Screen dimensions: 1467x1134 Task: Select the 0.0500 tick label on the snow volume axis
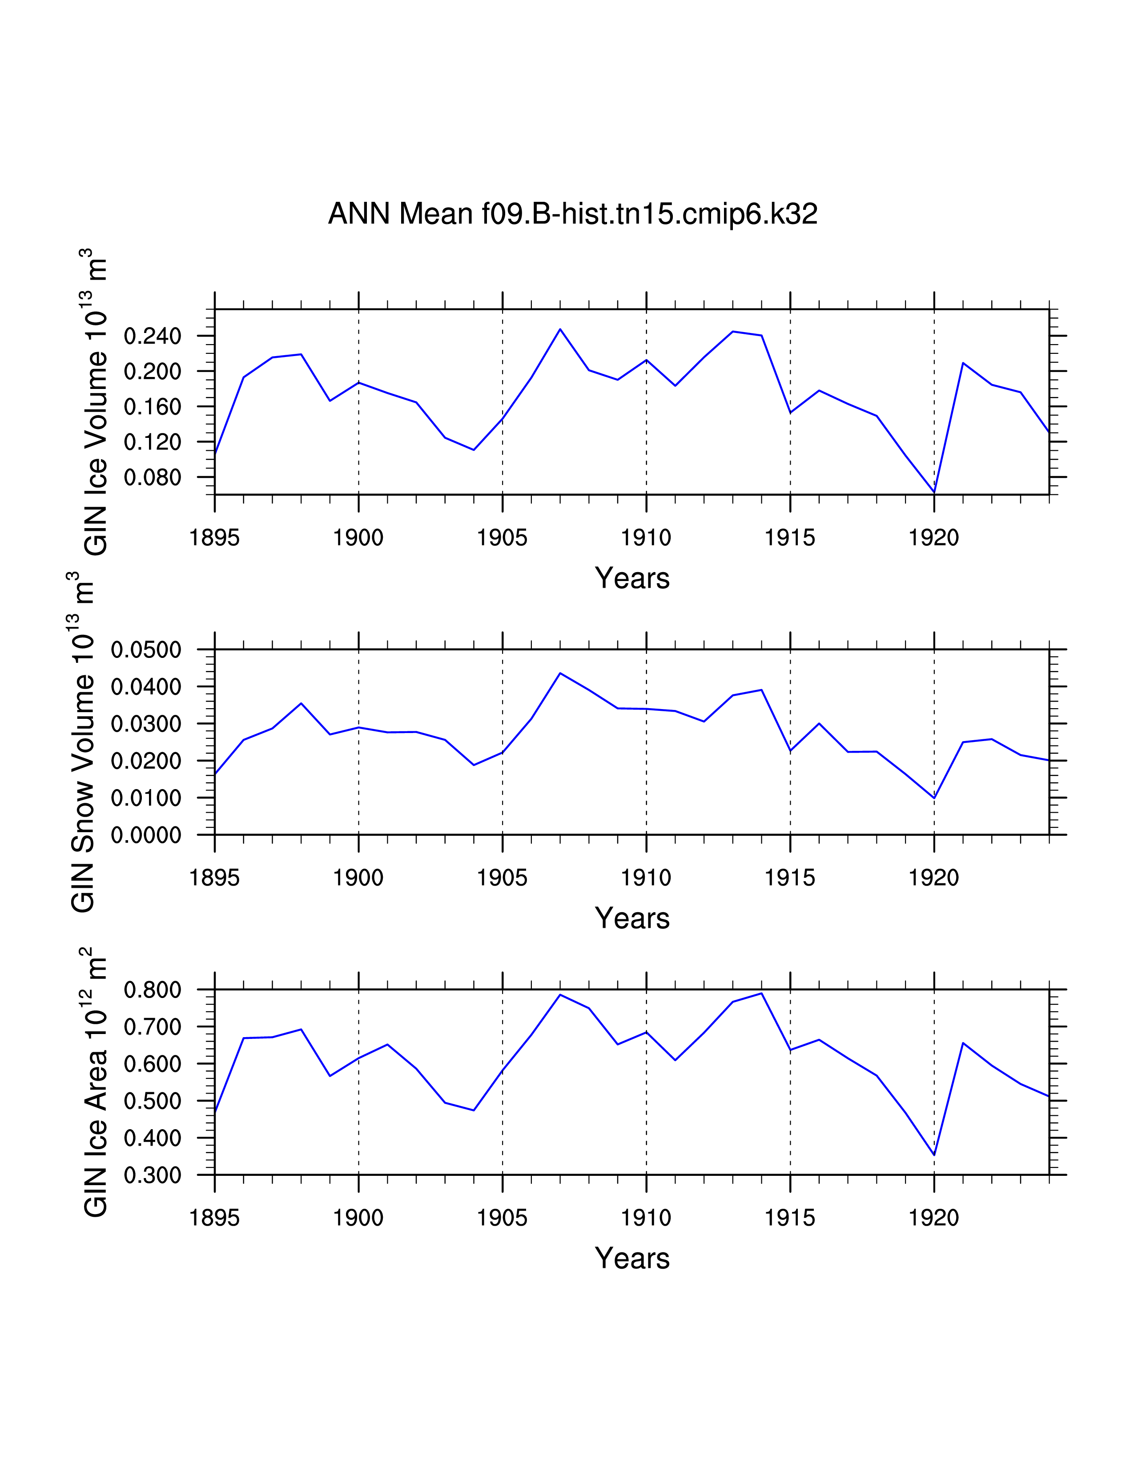[146, 650]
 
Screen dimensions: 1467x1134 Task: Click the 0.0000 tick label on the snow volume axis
[146, 836]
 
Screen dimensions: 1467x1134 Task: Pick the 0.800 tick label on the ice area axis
[153, 990]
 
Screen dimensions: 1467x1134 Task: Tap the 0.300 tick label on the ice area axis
[153, 1175]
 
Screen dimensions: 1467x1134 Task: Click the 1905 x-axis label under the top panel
[502, 538]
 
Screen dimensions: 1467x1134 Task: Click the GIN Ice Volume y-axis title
[96, 402]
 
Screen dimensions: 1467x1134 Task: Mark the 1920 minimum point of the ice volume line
[934, 493]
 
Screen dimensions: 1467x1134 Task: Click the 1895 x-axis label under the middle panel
[214, 878]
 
